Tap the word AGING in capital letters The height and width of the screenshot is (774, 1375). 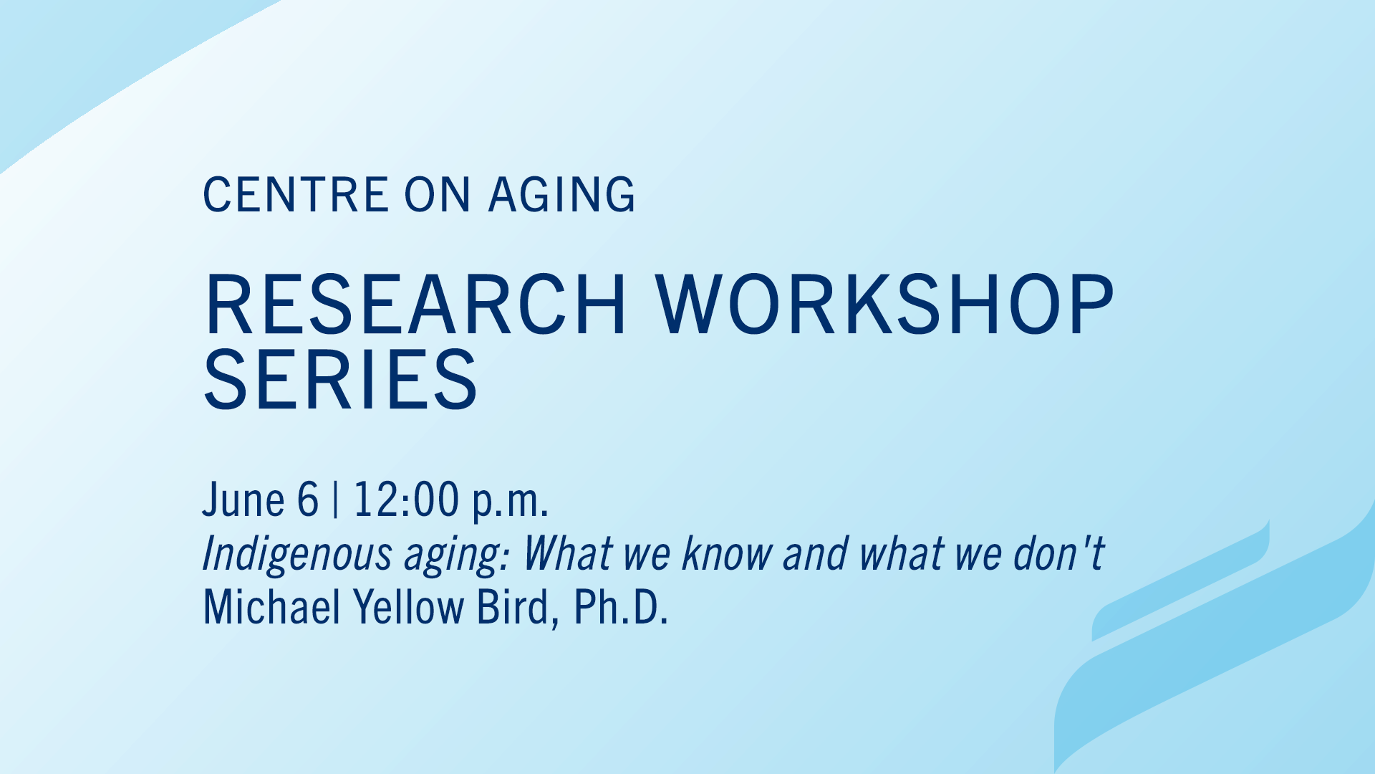(x=561, y=194)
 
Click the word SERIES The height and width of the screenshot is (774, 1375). (x=341, y=379)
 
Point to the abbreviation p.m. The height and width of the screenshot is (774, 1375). (x=510, y=503)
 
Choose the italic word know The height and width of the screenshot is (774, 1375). (x=727, y=553)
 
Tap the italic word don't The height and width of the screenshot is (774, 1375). (x=1059, y=553)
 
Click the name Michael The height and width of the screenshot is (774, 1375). (x=272, y=607)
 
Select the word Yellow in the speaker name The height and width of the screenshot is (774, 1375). (x=409, y=607)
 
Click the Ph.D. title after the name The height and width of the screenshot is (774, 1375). (x=620, y=607)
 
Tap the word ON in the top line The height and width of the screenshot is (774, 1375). (x=438, y=194)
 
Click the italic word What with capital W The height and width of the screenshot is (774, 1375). (x=567, y=553)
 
